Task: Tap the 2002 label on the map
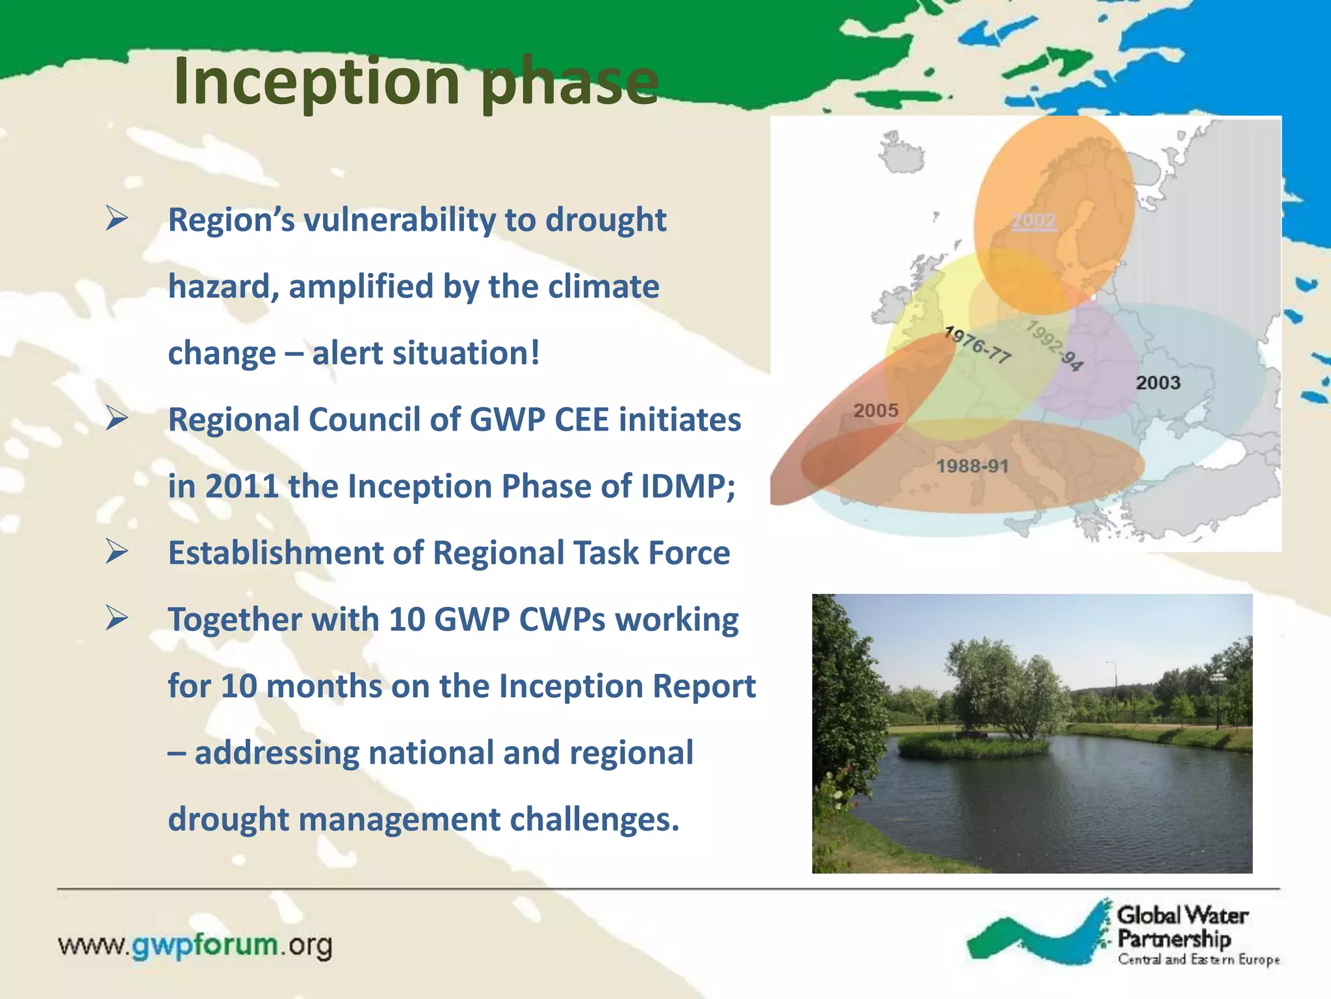click(x=1033, y=221)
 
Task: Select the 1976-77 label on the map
click(x=977, y=345)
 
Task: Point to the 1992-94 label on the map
click(x=1055, y=345)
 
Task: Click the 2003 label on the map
click(x=1157, y=382)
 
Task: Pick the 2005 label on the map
click(x=875, y=410)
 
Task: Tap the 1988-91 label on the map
click(x=972, y=466)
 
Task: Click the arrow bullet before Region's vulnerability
click(x=117, y=219)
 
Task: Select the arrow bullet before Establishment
click(x=117, y=552)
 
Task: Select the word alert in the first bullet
click(x=347, y=353)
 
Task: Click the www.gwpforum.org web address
click(x=195, y=944)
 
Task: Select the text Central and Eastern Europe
click(x=1198, y=959)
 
